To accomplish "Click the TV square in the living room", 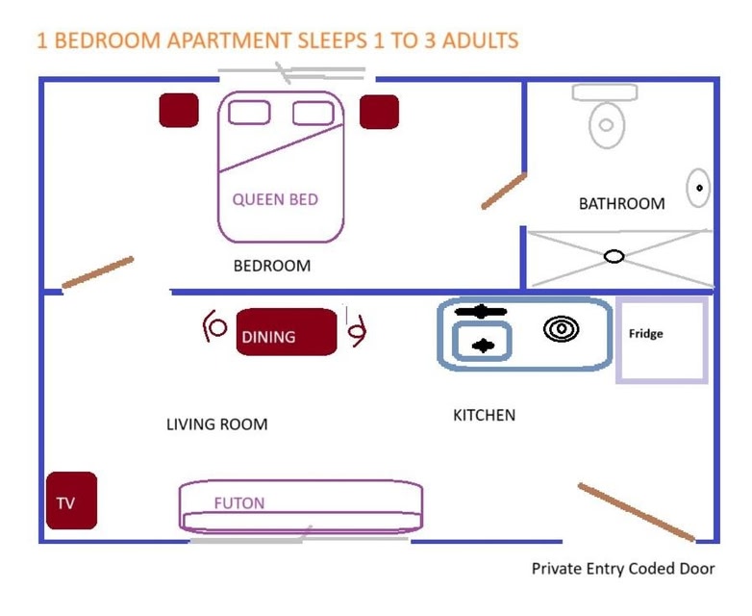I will pyautogui.click(x=72, y=500).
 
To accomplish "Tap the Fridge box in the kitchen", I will pyautogui.click(x=663, y=340).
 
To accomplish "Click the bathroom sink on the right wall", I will pyautogui.click(x=698, y=188).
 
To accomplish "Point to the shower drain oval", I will pyautogui.click(x=614, y=256).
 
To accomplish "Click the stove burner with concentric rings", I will pyautogui.click(x=561, y=330).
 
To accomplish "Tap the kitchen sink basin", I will pyautogui.click(x=482, y=344).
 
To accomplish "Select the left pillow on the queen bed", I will pyautogui.click(x=249, y=112).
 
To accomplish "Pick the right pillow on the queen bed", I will pyautogui.click(x=313, y=113).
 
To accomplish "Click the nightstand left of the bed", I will pyautogui.click(x=179, y=110).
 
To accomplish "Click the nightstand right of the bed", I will pyautogui.click(x=379, y=112).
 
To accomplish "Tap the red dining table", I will pyautogui.click(x=287, y=332).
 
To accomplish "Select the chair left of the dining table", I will pyautogui.click(x=213, y=327).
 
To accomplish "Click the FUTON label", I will pyautogui.click(x=239, y=502).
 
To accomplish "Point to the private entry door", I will pyautogui.click(x=636, y=512).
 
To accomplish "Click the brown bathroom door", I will pyautogui.click(x=504, y=191).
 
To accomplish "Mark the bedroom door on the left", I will pyautogui.click(x=98, y=271).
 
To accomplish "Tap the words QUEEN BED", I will pyautogui.click(x=275, y=199).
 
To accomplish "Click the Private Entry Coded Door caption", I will pyautogui.click(x=623, y=569).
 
